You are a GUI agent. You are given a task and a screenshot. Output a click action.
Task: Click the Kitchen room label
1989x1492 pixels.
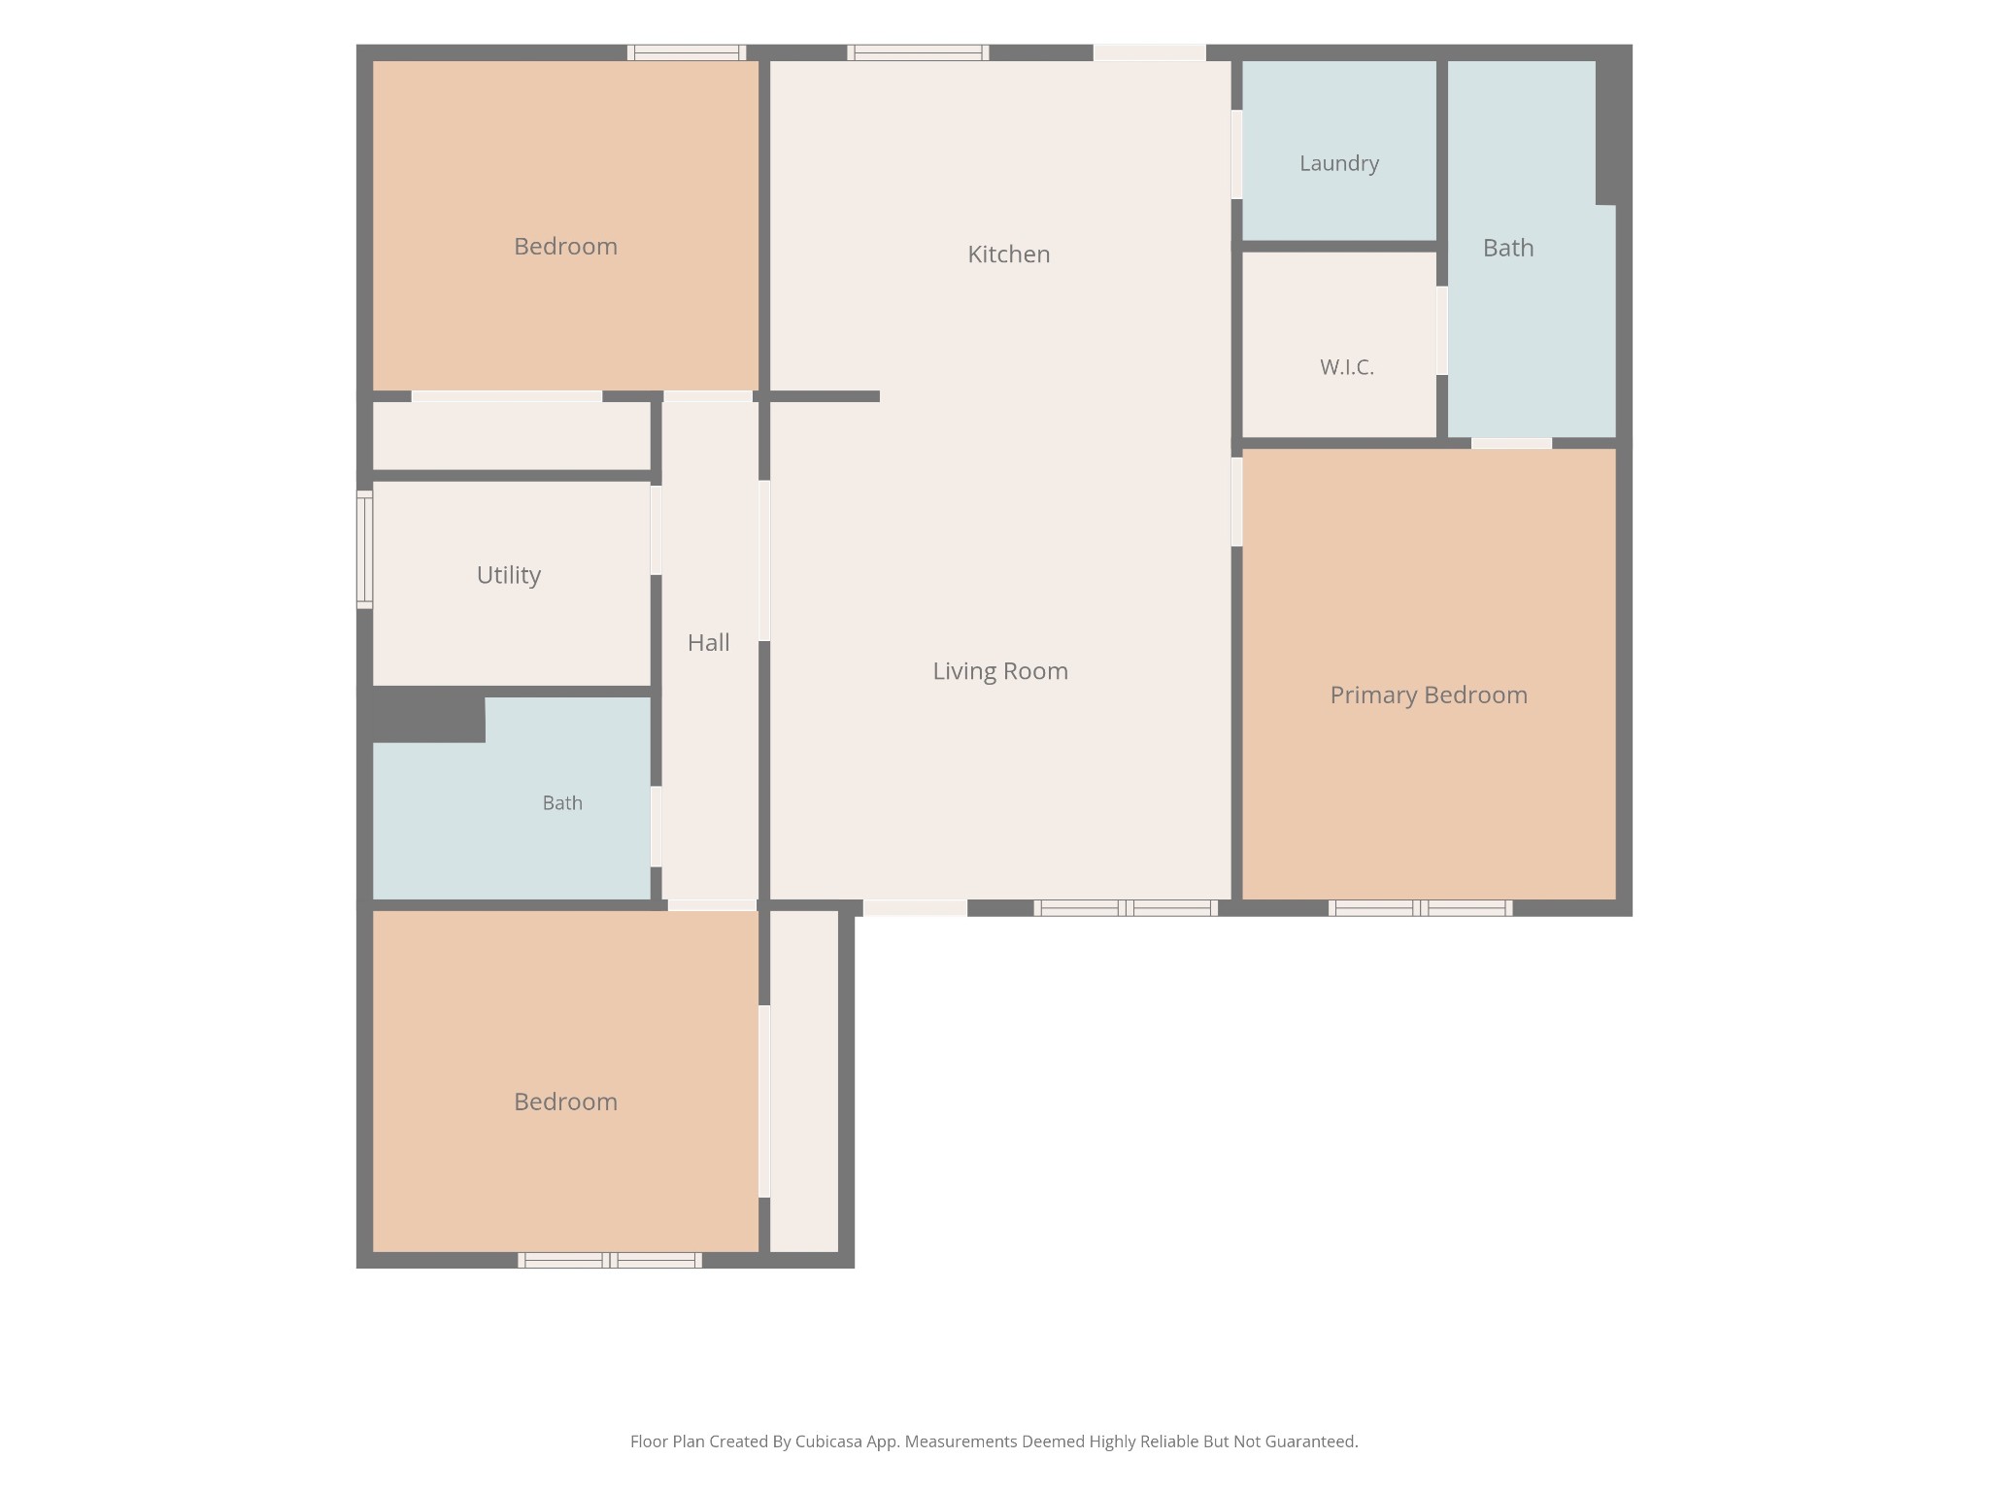tap(1008, 254)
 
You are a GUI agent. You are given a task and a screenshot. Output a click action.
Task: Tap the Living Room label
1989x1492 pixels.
tap(1000, 671)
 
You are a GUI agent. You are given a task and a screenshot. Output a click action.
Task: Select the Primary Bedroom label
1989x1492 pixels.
tap(1429, 695)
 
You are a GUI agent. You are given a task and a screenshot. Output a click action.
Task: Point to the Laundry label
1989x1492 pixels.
tap(1339, 163)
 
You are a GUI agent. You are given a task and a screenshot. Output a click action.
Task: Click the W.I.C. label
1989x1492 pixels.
tap(1347, 367)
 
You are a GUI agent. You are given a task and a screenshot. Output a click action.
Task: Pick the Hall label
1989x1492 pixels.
tap(709, 642)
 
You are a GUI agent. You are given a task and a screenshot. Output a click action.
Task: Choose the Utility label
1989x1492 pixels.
tap(509, 575)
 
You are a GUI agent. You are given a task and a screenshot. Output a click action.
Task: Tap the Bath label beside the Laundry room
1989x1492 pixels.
tap(1508, 248)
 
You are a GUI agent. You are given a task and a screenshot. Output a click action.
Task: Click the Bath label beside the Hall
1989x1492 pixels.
tap(562, 803)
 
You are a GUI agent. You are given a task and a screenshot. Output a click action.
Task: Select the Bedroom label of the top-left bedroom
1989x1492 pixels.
tap(565, 247)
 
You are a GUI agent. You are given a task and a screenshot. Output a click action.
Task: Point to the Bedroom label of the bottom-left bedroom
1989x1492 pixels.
tap(565, 1102)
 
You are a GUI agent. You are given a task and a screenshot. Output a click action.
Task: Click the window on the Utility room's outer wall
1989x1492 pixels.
tap(365, 550)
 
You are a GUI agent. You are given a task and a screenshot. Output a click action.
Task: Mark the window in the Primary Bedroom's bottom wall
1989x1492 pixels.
tap(1420, 908)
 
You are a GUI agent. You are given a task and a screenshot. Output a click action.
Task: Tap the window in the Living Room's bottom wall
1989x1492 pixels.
tap(1126, 908)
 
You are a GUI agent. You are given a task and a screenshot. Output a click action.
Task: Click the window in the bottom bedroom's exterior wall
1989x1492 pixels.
tap(610, 1261)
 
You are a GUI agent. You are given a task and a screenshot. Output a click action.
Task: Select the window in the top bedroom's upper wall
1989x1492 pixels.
tap(687, 52)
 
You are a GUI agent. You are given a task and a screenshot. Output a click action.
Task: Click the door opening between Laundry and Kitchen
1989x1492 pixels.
tap(1236, 154)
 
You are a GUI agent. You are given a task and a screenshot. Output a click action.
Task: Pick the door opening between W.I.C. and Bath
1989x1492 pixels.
tap(1442, 330)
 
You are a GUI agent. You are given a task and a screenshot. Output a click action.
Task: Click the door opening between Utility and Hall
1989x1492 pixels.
tap(657, 530)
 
